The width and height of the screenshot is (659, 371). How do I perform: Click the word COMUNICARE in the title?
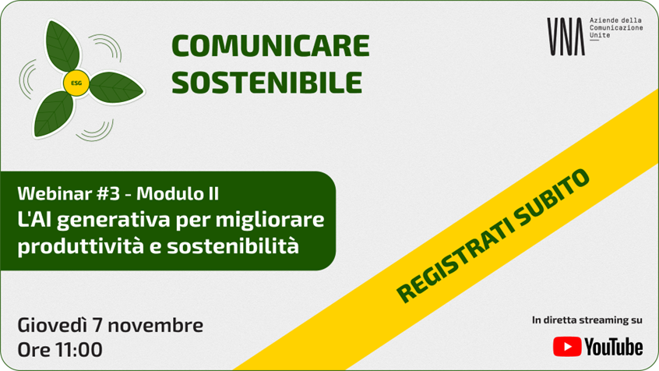[x=270, y=46]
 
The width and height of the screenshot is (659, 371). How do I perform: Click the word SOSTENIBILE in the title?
[x=267, y=82]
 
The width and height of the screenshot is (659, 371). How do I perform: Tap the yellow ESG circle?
[x=76, y=83]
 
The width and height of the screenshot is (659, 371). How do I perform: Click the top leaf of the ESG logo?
[x=62, y=46]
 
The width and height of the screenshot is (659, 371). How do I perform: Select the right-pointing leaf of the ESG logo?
[x=116, y=87]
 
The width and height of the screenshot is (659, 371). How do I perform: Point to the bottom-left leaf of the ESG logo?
[x=53, y=115]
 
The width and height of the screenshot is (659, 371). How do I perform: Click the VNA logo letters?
[x=566, y=37]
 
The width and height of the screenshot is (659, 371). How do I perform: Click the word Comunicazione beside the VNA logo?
[x=616, y=28]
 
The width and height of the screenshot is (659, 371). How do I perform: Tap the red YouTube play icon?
[x=567, y=347]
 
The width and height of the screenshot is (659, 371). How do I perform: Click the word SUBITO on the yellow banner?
[x=552, y=199]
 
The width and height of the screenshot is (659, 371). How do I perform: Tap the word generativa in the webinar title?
[x=114, y=221]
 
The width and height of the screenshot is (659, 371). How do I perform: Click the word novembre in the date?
[x=156, y=326]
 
